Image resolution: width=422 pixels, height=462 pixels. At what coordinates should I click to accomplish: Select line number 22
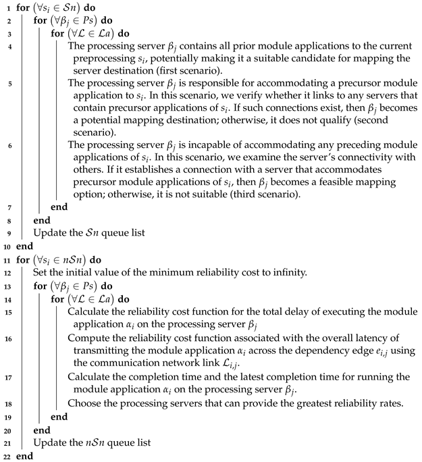(x=5, y=457)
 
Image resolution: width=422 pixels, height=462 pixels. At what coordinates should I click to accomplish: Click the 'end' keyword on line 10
(x=24, y=246)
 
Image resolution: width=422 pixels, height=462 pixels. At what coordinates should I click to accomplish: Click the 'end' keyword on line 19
(x=59, y=417)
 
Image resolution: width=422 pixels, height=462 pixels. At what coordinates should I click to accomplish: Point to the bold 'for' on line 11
(x=24, y=259)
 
